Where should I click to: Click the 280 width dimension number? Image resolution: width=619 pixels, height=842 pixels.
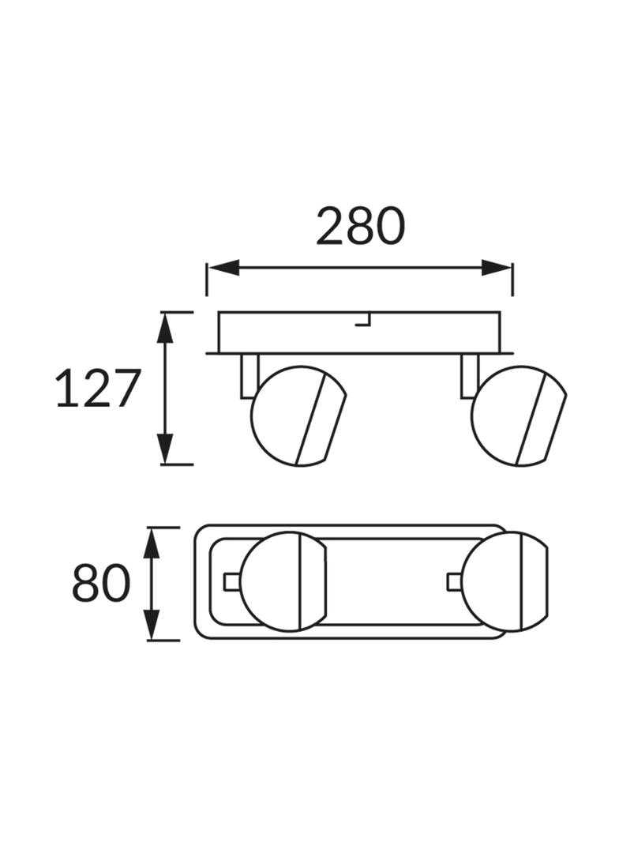click(x=359, y=226)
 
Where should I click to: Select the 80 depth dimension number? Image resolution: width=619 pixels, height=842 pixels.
click(x=101, y=582)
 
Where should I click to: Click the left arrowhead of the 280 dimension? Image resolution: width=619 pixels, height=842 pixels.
click(x=223, y=267)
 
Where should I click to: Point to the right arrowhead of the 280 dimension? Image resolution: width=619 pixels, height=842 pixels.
click(x=497, y=267)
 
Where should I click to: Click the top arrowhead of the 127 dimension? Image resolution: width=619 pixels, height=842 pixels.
click(x=166, y=328)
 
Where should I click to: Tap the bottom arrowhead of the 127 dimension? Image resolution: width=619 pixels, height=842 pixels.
click(x=166, y=448)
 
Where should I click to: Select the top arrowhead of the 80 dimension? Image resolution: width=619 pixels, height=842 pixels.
click(x=153, y=544)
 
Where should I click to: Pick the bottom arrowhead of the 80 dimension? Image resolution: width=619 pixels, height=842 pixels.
click(x=153, y=625)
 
